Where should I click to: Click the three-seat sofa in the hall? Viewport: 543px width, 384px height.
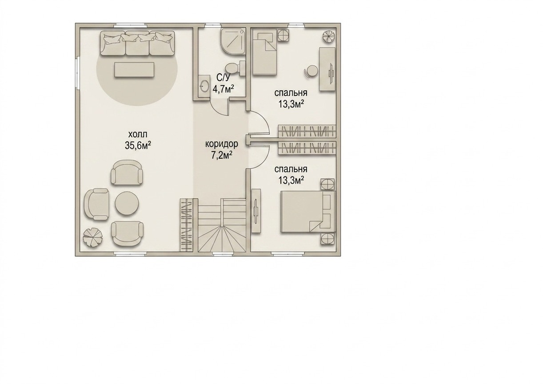coord(137,43)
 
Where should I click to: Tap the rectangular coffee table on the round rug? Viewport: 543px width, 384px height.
coord(134,70)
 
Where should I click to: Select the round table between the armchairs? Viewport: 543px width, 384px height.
coord(127,203)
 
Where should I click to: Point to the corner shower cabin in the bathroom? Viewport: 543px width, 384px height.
coord(232,42)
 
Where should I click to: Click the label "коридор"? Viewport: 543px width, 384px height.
coord(222,144)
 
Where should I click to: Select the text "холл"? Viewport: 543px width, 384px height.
coord(138,134)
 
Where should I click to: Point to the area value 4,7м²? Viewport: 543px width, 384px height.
coord(223,89)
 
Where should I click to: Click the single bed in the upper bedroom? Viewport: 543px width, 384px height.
coord(265,52)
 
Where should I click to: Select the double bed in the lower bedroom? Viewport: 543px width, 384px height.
coord(308,211)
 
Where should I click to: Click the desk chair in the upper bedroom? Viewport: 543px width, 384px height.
coord(311,72)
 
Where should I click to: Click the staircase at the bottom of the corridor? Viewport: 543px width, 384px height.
coord(223,225)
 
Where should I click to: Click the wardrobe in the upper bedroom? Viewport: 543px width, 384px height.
coord(307,131)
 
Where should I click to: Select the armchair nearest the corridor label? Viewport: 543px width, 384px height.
coord(127,172)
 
